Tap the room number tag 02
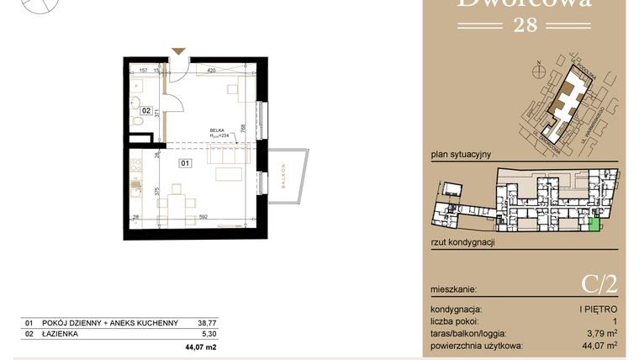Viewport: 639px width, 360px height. [146, 110]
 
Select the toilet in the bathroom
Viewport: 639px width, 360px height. [139, 124]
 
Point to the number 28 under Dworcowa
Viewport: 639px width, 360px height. [525, 24]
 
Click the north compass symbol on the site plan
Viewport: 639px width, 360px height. [537, 66]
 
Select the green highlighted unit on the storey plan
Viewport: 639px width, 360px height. [594, 223]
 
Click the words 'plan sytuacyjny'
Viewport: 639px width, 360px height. [460, 155]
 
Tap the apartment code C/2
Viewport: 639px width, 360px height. [599, 283]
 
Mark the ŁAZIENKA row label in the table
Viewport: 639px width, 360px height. [61, 333]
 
